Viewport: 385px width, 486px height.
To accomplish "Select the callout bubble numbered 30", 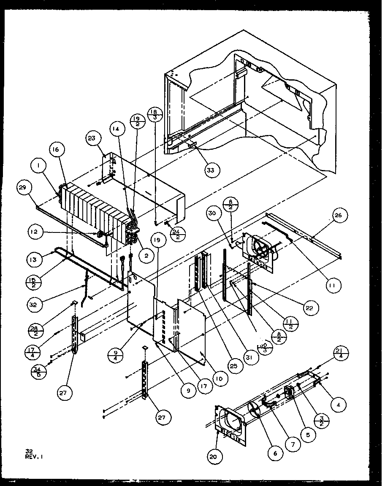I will pos(213,213).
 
